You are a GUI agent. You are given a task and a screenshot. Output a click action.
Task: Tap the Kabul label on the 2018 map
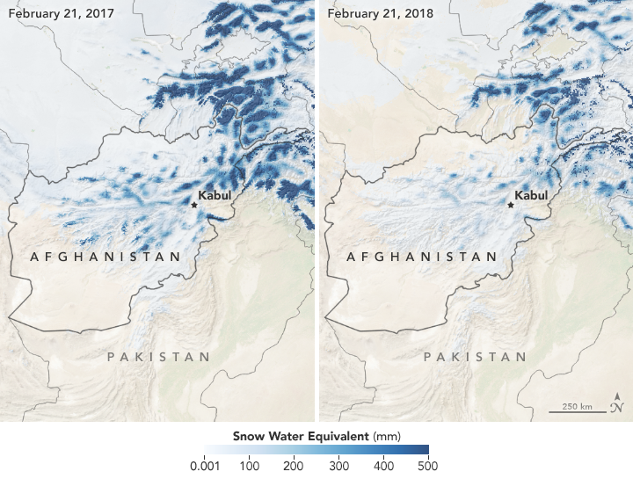tap(530, 195)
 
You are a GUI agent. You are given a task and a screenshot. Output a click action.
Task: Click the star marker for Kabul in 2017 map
tap(195, 205)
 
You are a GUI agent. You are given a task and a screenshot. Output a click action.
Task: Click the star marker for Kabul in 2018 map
tap(511, 205)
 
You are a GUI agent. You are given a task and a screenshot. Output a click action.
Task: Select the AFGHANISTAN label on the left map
tap(105, 257)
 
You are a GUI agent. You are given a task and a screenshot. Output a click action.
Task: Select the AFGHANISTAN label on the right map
tap(421, 257)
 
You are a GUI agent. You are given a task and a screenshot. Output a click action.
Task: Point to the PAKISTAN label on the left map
tap(158, 357)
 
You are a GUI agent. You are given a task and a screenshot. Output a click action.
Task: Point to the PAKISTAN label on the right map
tap(475, 357)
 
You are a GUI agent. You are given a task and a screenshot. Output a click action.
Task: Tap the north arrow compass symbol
tap(619, 403)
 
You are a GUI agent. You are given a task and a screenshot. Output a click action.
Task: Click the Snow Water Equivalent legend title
tap(316, 434)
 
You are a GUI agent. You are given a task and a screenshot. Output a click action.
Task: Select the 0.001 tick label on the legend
tap(207, 465)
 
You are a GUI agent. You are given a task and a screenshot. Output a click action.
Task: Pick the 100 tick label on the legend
tap(249, 465)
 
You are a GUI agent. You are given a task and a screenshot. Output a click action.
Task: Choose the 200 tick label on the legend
tap(294, 465)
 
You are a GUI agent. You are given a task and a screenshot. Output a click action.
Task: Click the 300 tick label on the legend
tap(338, 465)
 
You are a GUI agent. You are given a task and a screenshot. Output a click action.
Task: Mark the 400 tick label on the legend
tap(383, 465)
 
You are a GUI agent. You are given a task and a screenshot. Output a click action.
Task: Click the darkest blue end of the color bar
tap(424, 449)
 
